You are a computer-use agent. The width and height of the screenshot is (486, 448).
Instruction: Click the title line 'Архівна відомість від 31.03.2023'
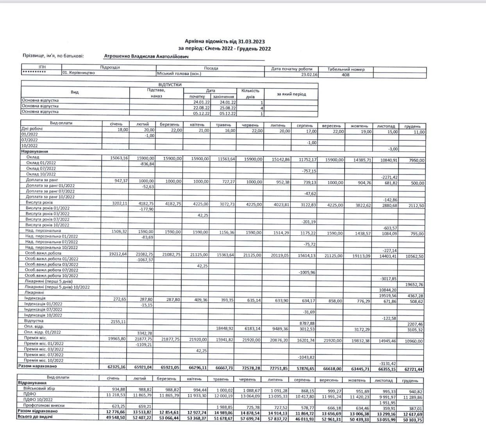[x=225, y=42]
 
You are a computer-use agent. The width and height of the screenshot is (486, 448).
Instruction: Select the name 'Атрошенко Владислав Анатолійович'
[x=146, y=57]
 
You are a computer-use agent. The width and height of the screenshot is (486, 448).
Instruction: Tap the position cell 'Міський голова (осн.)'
[x=179, y=73]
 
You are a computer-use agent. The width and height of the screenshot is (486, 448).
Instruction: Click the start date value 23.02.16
[x=309, y=75]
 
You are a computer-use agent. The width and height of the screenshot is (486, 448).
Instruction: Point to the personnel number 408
[x=345, y=75]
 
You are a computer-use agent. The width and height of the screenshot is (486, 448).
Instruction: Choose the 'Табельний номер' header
[x=346, y=69]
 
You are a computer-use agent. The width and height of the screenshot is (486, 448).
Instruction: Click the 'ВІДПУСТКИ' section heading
[x=170, y=85]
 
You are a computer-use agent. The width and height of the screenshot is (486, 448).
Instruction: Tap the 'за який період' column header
[x=291, y=94]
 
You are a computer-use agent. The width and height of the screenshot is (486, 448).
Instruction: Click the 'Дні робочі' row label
[x=31, y=129]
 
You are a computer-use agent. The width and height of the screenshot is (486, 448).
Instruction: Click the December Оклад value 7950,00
[x=416, y=160]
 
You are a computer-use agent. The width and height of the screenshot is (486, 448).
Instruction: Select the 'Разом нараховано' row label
[x=38, y=366]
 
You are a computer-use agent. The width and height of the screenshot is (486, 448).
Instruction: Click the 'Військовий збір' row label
[x=39, y=389]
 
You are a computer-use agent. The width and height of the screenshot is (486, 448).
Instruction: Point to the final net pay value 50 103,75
[x=413, y=420]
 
